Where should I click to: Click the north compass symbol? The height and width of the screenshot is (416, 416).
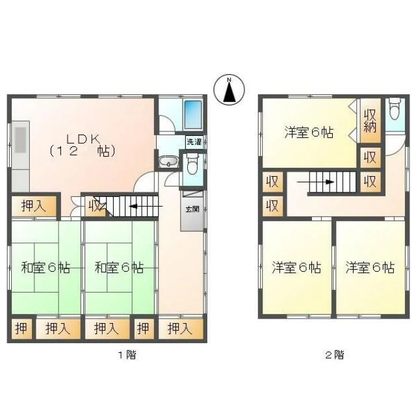229,90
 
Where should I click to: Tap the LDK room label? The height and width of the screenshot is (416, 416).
83,145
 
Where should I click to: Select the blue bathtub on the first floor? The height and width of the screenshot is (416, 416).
193,114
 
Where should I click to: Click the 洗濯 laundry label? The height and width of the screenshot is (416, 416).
194,142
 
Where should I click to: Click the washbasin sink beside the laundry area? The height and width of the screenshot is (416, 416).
168,161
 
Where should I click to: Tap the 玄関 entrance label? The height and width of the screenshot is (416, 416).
192,209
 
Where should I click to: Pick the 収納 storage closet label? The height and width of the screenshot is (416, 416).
370,121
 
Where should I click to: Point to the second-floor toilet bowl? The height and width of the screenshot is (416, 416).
395,109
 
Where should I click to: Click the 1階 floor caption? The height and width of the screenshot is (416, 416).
127,355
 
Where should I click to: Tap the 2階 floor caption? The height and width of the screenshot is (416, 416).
335,355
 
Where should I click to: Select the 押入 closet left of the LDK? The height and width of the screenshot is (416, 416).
34,206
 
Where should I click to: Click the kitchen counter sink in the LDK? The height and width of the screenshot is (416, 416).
20,140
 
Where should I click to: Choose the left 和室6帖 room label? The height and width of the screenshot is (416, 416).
45,267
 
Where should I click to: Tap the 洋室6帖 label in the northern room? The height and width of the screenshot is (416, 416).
309,132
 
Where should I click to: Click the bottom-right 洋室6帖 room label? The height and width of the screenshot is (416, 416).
370,267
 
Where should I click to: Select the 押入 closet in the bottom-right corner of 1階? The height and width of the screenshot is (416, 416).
181,329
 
